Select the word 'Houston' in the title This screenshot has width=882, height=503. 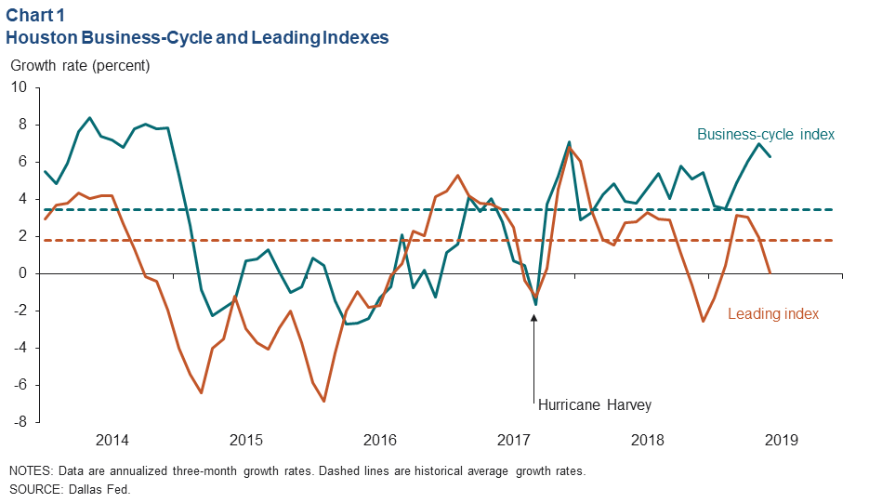click(x=38, y=38)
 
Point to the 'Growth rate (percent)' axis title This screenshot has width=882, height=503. click(x=79, y=66)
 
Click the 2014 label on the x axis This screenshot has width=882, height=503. click(x=112, y=440)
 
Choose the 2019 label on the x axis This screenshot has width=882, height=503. click(x=780, y=440)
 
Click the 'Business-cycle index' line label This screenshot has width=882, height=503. click(x=766, y=134)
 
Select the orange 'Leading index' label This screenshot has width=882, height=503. click(x=773, y=314)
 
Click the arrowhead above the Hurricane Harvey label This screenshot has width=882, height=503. click(x=534, y=317)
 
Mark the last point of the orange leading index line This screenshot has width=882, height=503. click(x=770, y=273)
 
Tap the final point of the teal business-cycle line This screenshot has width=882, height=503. click(x=770, y=156)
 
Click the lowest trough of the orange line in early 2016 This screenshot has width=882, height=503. click(x=323, y=401)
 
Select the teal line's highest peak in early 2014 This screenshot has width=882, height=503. click(x=89, y=118)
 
